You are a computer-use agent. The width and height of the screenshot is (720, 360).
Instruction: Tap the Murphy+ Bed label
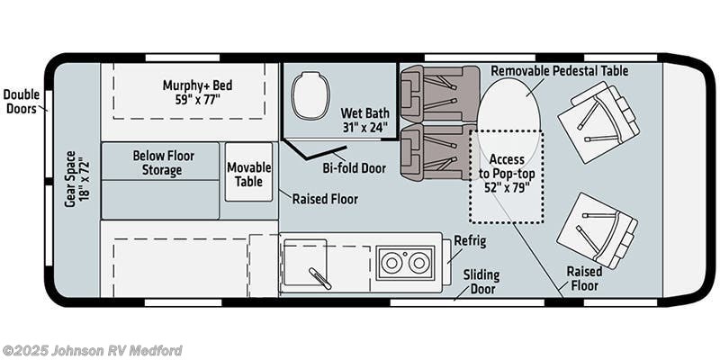pos(197,92)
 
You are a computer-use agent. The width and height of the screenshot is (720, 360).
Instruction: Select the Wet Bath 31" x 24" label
pos(364,121)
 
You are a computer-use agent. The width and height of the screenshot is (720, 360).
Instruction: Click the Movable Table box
pos(248,173)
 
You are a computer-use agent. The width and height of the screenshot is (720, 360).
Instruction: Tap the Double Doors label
pos(21,102)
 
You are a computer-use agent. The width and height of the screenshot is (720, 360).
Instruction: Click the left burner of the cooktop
pos(393,263)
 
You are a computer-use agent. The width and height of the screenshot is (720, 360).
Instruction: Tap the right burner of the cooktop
pos(418,263)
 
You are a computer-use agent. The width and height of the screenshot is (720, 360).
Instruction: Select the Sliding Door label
pos(481,281)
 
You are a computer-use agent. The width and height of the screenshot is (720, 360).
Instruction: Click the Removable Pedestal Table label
pos(559,70)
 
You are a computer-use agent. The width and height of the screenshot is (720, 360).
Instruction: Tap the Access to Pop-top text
pos(506,173)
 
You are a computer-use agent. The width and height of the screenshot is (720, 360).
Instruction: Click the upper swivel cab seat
pos(598,122)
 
